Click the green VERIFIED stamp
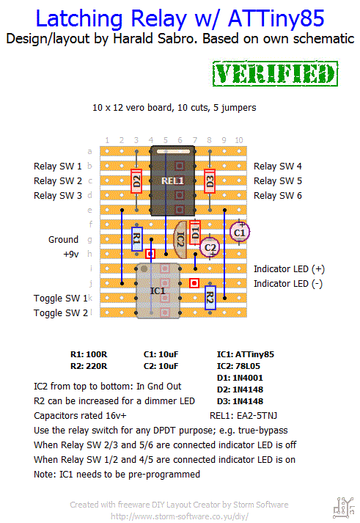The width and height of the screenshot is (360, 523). (276, 73)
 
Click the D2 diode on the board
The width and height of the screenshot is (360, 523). (136, 180)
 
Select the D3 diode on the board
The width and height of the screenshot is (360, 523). (210, 180)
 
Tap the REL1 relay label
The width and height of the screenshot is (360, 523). (172, 180)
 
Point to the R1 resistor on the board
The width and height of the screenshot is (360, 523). (137, 239)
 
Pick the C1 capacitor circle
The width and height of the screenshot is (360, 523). (240, 232)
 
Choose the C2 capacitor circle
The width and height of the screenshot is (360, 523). (210, 247)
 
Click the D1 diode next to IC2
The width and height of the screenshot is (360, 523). (195, 232)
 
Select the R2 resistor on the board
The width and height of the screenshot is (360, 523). (210, 298)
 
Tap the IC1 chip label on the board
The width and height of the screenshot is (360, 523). (158, 291)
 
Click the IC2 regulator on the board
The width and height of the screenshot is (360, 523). (180, 239)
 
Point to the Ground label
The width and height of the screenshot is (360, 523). (63, 239)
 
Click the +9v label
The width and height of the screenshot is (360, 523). (71, 254)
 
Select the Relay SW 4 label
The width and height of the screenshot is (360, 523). (278, 166)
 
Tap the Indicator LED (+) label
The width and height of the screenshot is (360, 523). (289, 269)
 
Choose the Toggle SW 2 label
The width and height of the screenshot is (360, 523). (61, 313)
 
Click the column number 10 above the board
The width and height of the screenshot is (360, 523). (239, 140)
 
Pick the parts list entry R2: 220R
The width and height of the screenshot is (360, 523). (89, 366)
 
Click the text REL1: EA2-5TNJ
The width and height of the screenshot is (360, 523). (243, 416)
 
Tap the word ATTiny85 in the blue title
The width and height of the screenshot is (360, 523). (276, 18)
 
